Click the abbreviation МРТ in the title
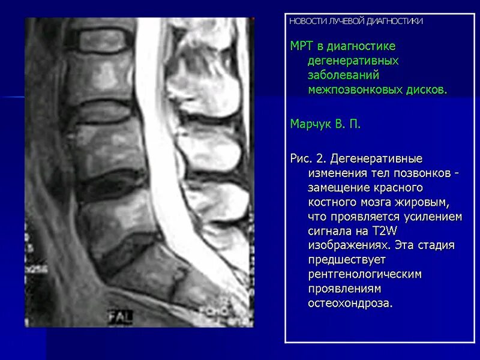[x=302, y=46]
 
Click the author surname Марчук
[x=311, y=124]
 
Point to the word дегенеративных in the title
[x=353, y=61]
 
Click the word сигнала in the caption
[x=331, y=231]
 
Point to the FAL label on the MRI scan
[x=120, y=316]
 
